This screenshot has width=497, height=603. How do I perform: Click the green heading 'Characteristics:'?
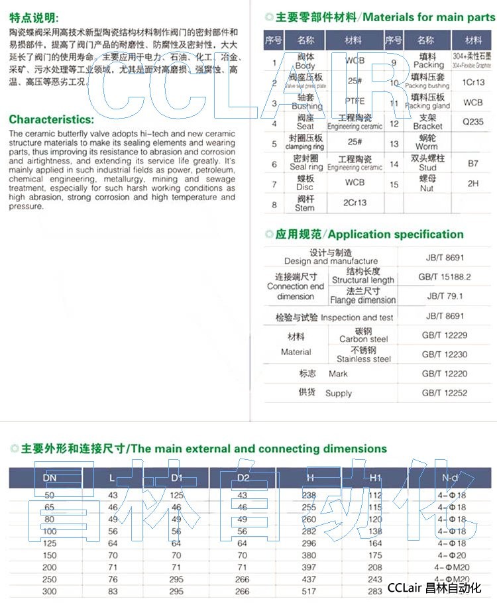click(52, 120)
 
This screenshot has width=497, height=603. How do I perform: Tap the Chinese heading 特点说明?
click(34, 18)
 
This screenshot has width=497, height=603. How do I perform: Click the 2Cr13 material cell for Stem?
click(355, 203)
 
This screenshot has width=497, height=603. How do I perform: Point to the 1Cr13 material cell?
click(472, 82)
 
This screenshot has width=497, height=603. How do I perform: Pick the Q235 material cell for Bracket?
click(472, 122)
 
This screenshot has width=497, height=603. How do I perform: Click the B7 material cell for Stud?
click(472, 163)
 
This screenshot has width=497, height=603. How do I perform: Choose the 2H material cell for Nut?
click(472, 184)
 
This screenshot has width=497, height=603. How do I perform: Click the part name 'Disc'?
click(305, 188)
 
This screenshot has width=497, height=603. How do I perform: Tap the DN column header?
click(50, 478)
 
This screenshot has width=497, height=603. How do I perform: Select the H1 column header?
click(375, 478)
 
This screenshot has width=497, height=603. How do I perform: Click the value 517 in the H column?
click(309, 591)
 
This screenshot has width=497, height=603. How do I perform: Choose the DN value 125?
click(50, 543)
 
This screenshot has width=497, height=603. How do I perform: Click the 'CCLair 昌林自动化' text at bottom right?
click(433, 588)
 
